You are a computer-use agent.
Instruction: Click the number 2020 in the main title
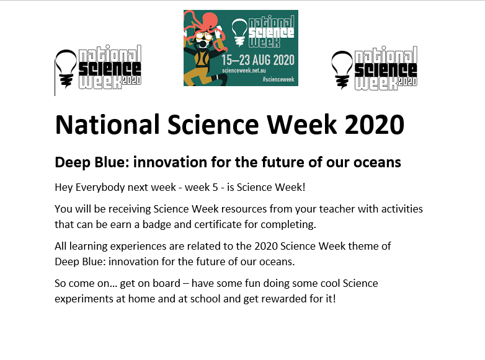(x=374, y=125)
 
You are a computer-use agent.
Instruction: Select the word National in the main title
(x=107, y=125)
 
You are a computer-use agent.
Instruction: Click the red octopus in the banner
(x=206, y=29)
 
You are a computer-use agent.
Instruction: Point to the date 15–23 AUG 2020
(x=258, y=60)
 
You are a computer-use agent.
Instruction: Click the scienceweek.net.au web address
(x=244, y=71)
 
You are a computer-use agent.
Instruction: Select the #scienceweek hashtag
(x=278, y=79)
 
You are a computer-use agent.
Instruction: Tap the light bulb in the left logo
(x=66, y=69)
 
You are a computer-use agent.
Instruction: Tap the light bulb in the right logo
(x=342, y=70)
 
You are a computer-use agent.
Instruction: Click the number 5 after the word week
(x=215, y=188)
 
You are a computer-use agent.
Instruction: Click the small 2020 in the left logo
(x=131, y=80)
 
